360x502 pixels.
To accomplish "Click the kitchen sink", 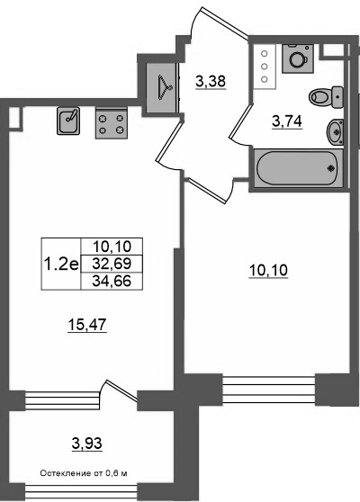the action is click(x=68, y=121).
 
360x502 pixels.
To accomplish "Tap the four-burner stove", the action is click(x=111, y=123).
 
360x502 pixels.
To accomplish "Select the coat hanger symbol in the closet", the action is click(x=166, y=86).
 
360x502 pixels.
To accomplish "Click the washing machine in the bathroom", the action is click(x=298, y=58).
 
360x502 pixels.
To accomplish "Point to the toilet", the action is click(x=327, y=96).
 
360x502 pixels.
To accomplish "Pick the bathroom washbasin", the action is click(x=335, y=131).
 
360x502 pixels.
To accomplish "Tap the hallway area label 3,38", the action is click(x=211, y=82).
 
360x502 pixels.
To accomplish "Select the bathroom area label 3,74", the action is click(x=287, y=121).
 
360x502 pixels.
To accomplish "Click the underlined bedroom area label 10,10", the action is click(x=268, y=271).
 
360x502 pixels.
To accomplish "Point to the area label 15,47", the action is click(x=87, y=326).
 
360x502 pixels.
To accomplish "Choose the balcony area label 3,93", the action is click(x=86, y=444).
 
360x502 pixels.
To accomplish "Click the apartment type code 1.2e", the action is click(x=61, y=264).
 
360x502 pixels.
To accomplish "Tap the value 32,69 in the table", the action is click(x=112, y=264).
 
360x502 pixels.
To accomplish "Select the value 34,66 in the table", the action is click(x=112, y=281).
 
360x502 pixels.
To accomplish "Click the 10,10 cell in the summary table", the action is click(x=112, y=247).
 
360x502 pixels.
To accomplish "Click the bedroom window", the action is click(x=269, y=390).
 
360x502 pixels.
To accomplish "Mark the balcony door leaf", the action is click(x=121, y=390).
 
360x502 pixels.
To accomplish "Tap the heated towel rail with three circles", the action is click(x=265, y=67).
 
